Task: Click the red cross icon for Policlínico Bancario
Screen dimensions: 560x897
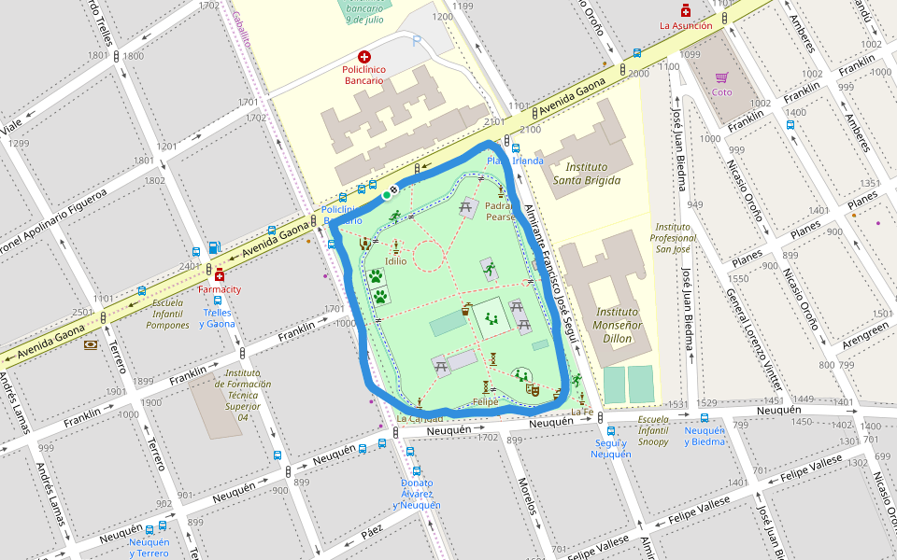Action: pos(364,57)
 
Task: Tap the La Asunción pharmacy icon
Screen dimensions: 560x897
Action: pos(686,10)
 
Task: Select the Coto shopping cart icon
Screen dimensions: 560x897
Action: pos(721,77)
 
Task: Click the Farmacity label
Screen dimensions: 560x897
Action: pos(220,289)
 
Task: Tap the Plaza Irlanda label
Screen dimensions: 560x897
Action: pos(514,161)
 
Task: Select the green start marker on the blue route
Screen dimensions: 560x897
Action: pos(385,195)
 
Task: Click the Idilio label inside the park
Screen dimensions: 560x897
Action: pos(395,261)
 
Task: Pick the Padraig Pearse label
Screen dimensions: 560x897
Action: pos(501,211)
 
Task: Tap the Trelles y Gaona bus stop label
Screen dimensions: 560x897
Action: pos(218,317)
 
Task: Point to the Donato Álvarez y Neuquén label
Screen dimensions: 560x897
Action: pos(417,494)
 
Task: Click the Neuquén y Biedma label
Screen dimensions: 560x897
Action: pos(705,436)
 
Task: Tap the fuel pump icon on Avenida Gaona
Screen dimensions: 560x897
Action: pos(214,247)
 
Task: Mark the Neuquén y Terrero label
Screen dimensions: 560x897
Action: pos(149,547)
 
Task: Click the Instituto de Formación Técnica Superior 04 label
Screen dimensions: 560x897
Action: pos(242,394)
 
